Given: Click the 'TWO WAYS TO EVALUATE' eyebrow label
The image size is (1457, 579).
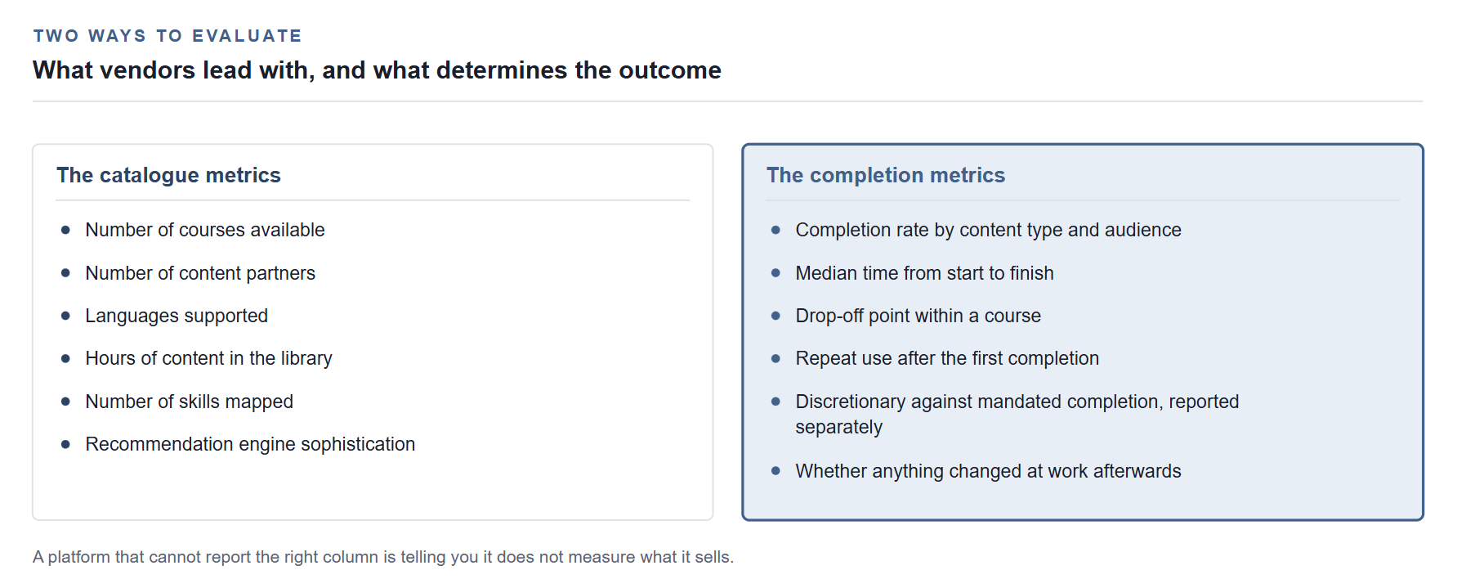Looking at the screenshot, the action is (x=168, y=36).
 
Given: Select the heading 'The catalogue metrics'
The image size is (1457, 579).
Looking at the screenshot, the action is (x=168, y=175).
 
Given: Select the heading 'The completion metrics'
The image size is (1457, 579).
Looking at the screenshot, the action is (x=886, y=175).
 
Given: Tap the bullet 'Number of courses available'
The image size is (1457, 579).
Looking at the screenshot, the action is (x=205, y=230).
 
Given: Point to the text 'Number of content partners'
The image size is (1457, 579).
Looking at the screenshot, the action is (x=200, y=273).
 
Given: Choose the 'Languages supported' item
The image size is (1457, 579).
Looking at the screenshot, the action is (x=177, y=316).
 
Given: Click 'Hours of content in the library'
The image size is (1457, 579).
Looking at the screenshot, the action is (x=209, y=358).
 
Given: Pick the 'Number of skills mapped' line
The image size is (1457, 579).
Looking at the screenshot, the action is (x=190, y=402).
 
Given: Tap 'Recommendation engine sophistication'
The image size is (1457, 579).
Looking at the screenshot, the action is (x=250, y=444).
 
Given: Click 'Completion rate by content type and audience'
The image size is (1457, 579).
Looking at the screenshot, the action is (x=989, y=230).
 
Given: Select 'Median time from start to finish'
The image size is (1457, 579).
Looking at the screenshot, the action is (x=925, y=273).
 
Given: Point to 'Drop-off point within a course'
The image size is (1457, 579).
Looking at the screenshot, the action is (x=918, y=316).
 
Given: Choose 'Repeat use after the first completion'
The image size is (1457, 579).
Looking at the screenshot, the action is (x=947, y=358).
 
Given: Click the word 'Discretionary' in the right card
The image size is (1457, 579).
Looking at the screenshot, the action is (x=851, y=402).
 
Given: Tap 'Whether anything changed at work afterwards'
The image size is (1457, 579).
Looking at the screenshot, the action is (x=989, y=471).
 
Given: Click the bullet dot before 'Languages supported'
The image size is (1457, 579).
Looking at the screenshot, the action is (x=65, y=316).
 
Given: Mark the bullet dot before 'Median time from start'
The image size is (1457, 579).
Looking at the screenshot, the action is (x=775, y=273).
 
